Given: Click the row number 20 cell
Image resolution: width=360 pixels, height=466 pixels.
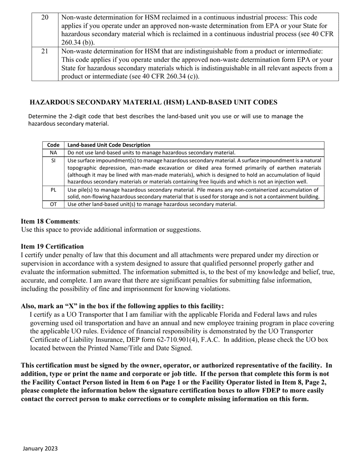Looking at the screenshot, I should coord(45,17).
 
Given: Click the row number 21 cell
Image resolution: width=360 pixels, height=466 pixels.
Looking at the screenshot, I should coord(45,51).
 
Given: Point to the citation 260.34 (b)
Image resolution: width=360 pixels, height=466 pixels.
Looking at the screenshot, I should coord(77,42).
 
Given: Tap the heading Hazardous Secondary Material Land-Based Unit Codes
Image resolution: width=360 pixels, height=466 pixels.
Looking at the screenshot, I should coord(153,102).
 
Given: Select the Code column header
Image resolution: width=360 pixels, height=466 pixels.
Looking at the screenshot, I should coord(53,145).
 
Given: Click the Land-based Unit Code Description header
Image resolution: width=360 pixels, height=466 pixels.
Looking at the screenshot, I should coord(109,145).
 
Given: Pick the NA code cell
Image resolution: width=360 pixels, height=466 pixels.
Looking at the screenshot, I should coord(53,153).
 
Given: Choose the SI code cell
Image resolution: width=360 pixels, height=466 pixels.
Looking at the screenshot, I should coord(53,161).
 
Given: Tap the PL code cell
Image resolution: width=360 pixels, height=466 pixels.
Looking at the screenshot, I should coord(53,190).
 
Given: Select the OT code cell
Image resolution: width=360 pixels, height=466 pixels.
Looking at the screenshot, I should coord(53,204).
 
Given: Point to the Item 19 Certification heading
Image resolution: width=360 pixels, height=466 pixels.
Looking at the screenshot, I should coord(52,246).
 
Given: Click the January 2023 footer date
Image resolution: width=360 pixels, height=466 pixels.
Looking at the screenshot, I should coord(40,449).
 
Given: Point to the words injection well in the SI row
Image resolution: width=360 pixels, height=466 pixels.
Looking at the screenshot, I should coord(292,182).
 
